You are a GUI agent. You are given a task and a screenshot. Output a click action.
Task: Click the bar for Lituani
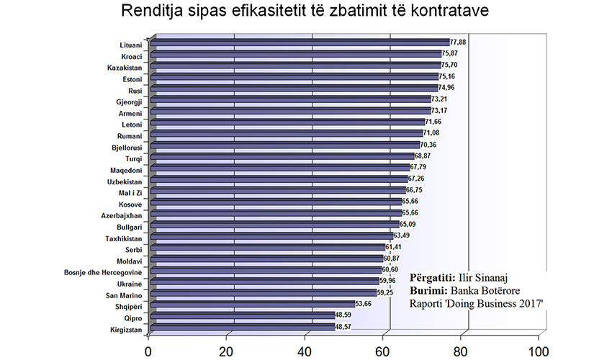click(300, 42)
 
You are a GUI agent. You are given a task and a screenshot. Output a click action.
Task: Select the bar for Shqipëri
click(253, 304)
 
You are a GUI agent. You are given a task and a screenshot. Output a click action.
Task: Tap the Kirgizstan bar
click(243, 327)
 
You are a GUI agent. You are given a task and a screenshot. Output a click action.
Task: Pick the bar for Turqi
click(282, 156)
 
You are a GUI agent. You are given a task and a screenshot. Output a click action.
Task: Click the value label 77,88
click(458, 42)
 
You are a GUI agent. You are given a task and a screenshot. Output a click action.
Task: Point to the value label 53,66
click(363, 303)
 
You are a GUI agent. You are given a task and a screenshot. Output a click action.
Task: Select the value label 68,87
click(423, 156)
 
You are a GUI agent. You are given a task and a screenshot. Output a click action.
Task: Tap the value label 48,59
click(343, 315)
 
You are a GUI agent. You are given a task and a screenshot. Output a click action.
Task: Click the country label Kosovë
click(130, 204)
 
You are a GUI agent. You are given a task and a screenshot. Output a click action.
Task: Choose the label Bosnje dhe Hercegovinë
click(103, 273)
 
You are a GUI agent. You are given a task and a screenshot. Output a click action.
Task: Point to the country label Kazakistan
click(125, 68)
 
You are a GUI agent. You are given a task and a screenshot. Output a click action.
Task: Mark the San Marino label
click(124, 296)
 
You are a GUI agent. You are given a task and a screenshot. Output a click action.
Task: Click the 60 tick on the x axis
click(382, 351)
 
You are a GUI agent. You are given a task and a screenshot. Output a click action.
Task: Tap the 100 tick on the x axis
click(539, 351)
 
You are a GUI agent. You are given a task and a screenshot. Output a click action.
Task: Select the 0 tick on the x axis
click(148, 351)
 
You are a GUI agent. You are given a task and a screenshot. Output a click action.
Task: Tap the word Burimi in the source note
click(428, 291)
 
